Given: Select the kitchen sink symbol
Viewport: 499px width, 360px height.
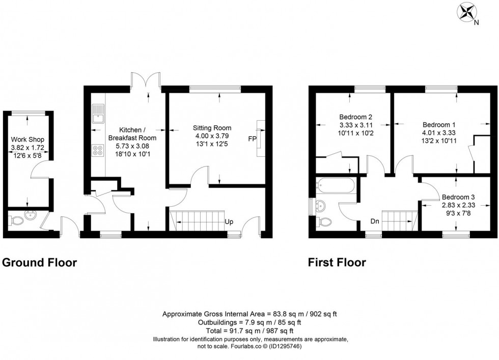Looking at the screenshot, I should click(97, 115).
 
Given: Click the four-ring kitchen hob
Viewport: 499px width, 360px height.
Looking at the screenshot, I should click(97, 150).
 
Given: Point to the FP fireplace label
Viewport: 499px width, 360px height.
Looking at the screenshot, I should click(252, 138).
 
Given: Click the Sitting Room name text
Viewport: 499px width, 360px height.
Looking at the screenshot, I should click(212, 128).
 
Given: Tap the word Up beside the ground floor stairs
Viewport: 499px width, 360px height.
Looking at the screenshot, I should click(230, 222).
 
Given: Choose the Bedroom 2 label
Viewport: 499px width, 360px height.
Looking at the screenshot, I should click(355, 115).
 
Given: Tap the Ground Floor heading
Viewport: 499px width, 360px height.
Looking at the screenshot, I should click(40, 263).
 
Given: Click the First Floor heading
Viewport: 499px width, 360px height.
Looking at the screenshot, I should click(337, 263).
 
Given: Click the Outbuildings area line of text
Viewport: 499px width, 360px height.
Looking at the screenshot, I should click(249, 322).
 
